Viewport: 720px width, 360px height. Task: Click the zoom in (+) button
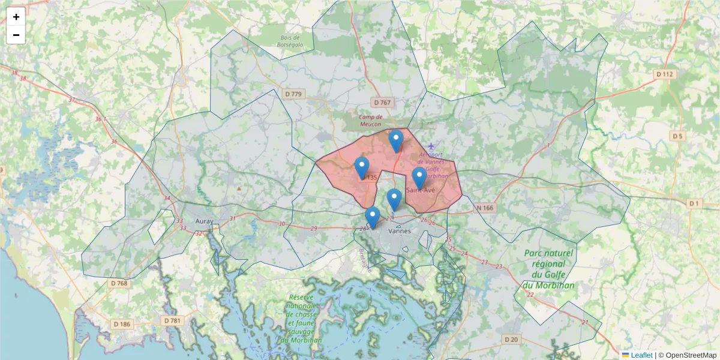point(16,17)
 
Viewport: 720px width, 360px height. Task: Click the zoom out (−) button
point(16,35)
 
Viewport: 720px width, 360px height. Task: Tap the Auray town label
point(204,221)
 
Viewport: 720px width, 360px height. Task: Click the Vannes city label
point(399,230)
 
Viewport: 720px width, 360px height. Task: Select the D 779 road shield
point(294,94)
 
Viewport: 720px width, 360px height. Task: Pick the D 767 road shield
point(381,103)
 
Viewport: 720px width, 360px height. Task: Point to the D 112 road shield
point(665,74)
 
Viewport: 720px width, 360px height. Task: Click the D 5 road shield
point(677,136)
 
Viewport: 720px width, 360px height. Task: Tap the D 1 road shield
point(694,204)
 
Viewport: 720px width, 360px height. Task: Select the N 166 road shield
point(485,208)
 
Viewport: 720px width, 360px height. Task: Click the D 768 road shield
point(119,283)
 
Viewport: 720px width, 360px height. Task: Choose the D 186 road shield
point(121,324)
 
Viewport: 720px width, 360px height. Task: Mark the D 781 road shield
point(172,321)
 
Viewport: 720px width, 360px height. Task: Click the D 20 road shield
point(511,340)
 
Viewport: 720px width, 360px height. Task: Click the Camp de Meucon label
point(370,121)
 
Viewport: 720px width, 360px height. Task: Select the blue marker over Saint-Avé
point(419,178)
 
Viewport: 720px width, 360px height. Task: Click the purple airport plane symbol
point(430,146)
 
